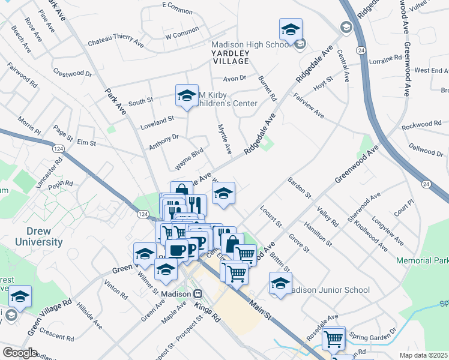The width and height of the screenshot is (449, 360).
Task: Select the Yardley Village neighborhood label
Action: coord(230,57)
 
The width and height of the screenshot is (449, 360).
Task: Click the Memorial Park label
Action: coord(423,261)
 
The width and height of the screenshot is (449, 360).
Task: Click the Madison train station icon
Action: coord(197,294)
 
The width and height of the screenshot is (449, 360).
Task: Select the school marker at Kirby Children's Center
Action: coord(187,95)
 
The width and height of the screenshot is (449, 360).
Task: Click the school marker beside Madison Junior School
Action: coord(280,283)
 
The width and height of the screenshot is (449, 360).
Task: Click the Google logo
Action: coord(19,353)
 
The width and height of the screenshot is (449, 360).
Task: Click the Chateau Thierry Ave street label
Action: coord(116,43)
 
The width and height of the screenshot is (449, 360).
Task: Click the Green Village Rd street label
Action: coord(52,315)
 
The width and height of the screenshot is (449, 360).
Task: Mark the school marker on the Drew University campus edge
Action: coord(20,296)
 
